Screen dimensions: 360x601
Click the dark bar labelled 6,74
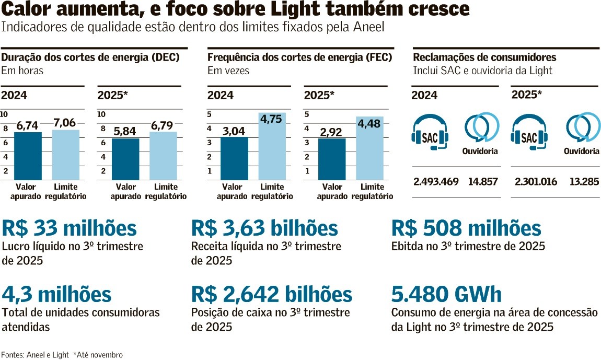click(28, 156)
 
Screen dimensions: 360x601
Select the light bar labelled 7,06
click(66, 155)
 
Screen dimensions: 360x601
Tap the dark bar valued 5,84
click(125, 159)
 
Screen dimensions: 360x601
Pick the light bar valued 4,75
click(272, 146)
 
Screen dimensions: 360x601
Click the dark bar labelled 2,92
click(332, 159)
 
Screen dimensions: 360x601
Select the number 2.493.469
click(436, 182)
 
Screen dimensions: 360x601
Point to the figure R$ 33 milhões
click(70, 229)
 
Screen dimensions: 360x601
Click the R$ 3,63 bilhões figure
click(264, 229)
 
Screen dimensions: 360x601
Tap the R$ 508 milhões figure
click(466, 229)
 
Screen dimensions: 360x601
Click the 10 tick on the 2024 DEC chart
click(4, 114)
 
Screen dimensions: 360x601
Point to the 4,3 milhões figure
click(56, 295)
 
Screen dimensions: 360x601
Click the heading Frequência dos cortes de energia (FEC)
click(300, 57)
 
